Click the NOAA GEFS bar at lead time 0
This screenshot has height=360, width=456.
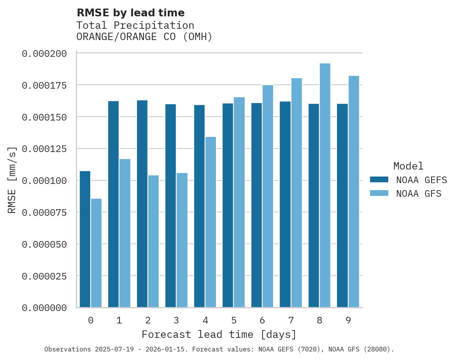[x=85, y=239]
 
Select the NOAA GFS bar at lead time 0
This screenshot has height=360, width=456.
[x=96, y=253]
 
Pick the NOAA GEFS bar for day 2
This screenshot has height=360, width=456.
[x=142, y=204]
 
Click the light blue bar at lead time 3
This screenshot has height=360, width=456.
[x=182, y=240]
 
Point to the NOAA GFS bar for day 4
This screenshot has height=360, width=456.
[x=210, y=222]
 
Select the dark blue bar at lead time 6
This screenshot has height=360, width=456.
[x=256, y=205]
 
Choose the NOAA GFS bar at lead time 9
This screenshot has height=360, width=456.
[x=354, y=192]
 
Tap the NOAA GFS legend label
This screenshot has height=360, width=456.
[x=419, y=194]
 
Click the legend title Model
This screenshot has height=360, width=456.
[x=408, y=166]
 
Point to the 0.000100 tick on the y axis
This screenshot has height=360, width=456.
[x=44, y=181]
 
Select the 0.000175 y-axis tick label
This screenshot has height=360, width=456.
[x=44, y=85]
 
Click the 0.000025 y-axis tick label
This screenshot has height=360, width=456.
[x=44, y=276]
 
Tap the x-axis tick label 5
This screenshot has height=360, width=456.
[x=233, y=320]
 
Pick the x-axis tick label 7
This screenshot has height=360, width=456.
[x=291, y=320]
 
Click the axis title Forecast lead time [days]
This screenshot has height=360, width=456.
[x=219, y=334]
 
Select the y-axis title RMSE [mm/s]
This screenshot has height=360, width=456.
[x=12, y=180]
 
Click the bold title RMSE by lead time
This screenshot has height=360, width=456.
[x=130, y=13]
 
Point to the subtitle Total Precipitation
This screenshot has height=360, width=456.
[x=135, y=25]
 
